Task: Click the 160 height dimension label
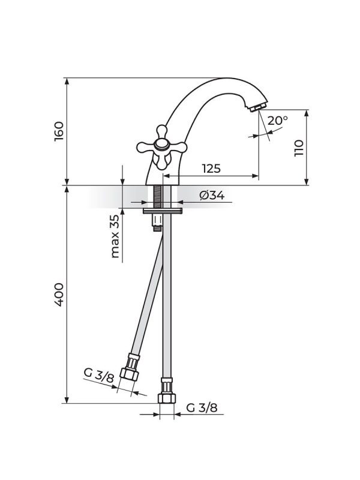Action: [59, 131]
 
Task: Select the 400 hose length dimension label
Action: [59, 295]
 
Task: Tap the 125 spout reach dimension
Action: [211, 168]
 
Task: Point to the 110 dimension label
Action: [298, 148]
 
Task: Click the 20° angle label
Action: [278, 121]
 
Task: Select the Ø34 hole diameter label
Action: [212, 195]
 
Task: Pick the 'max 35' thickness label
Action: [115, 236]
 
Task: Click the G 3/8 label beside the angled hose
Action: [98, 375]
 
